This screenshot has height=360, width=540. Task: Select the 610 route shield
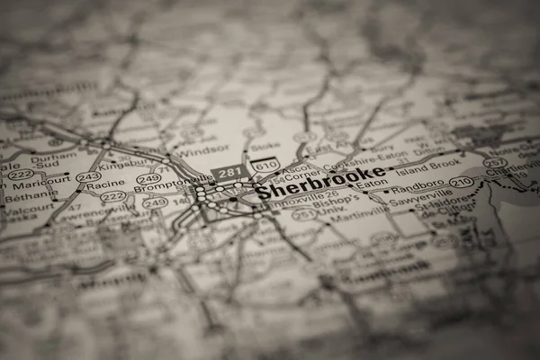click(265, 165)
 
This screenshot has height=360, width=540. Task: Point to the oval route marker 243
click(88, 177)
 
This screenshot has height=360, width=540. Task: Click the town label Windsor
click(203, 149)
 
